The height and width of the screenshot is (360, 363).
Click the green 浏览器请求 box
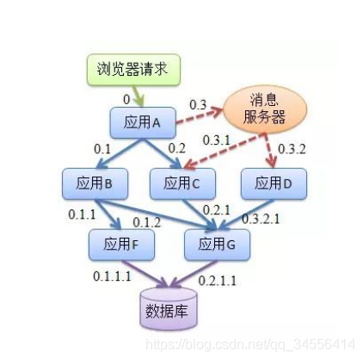[133, 70]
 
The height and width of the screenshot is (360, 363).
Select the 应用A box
[143, 122]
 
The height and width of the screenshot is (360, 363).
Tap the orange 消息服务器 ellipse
[265, 109]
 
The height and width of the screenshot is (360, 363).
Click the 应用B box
[95, 183]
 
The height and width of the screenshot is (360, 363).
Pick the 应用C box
[182, 183]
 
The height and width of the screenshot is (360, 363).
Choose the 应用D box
[274, 183]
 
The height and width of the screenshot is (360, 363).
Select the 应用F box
[121, 245]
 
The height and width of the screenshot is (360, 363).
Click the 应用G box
[217, 245]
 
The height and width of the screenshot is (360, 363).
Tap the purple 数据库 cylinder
[169, 308]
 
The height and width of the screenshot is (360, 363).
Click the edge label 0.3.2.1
[261, 219]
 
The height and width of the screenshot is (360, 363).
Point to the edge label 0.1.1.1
[112, 276]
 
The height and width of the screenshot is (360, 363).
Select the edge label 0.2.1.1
[218, 281]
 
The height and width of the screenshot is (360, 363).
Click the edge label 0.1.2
[146, 222]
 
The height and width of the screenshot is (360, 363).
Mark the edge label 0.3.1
[217, 140]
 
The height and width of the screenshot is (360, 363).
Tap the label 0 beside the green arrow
[126, 100]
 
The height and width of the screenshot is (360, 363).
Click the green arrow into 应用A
[137, 96]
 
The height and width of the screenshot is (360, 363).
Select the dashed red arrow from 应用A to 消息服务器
[200, 115]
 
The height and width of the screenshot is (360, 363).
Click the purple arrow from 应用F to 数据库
[145, 274]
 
